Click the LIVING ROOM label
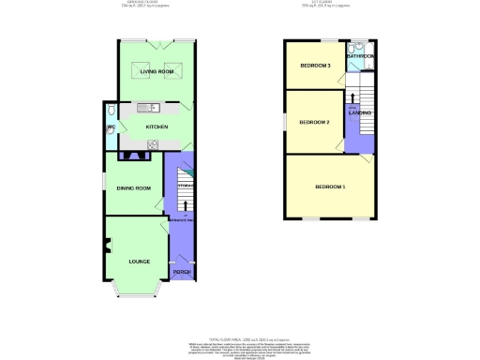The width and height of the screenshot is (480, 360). click(x=157, y=71)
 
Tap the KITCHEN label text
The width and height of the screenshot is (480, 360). click(x=156, y=126)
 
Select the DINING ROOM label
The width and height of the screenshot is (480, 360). click(x=133, y=188)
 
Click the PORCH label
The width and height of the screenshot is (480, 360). click(x=181, y=272)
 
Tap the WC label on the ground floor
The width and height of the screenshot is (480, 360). click(x=110, y=127)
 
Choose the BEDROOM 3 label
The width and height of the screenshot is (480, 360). click(x=315, y=66)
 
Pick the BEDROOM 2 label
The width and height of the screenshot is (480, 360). click(x=315, y=122)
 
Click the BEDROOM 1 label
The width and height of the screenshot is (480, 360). click(x=330, y=187)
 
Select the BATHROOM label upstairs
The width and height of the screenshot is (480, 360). click(x=360, y=57)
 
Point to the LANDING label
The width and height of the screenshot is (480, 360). click(x=359, y=112)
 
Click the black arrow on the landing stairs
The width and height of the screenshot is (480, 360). click(x=352, y=97)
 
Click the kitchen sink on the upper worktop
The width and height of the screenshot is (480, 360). click(x=147, y=107)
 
